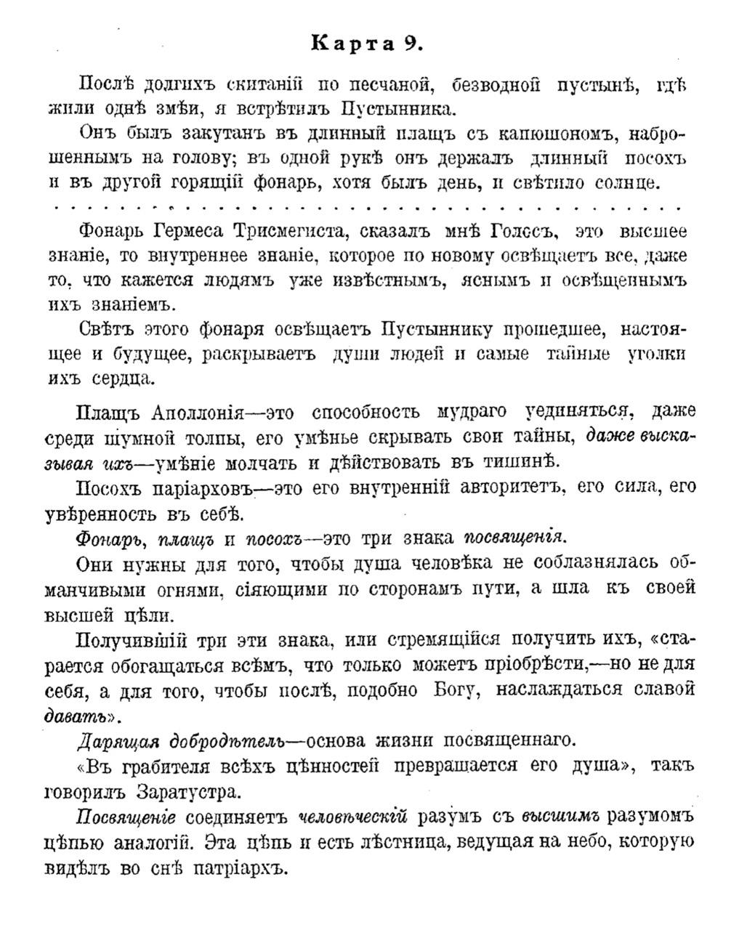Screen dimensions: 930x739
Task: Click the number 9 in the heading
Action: tap(411, 43)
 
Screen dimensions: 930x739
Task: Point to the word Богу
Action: tap(452, 690)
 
